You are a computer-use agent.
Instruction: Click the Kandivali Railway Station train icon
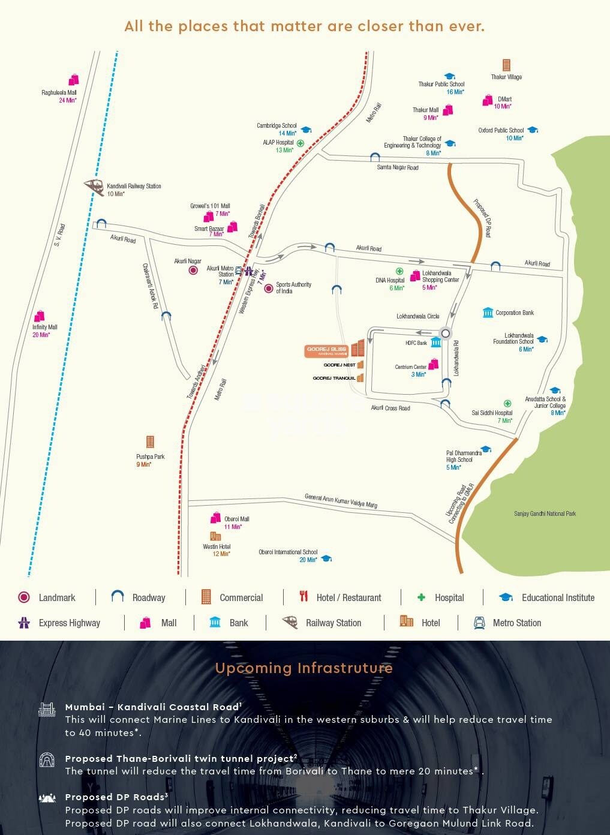[x=93, y=187]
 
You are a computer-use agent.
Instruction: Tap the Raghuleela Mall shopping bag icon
[x=73, y=80]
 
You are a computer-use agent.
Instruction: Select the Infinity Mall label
[x=45, y=327]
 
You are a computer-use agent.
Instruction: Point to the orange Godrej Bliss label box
[x=327, y=352]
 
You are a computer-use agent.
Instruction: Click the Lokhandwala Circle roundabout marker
[x=445, y=334]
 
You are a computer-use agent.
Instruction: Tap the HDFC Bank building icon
[x=435, y=342]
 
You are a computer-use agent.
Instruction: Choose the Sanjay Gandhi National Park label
[x=545, y=513]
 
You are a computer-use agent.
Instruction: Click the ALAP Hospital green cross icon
[x=301, y=143]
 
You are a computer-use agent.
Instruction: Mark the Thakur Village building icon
[x=506, y=65]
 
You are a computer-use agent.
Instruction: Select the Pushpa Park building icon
[x=150, y=442]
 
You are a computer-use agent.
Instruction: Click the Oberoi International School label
[x=288, y=552]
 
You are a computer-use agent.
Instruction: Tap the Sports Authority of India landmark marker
[x=269, y=289]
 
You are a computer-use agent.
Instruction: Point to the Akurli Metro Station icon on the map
[x=239, y=270]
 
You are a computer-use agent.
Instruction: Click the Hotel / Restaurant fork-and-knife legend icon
[x=304, y=596]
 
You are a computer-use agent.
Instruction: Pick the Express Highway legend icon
[x=24, y=622]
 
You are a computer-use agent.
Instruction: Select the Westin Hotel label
[x=217, y=546]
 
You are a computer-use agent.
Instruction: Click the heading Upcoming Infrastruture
[x=304, y=668]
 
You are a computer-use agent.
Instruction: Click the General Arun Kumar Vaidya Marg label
[x=341, y=500]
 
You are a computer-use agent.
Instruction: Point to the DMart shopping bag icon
[x=488, y=101]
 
